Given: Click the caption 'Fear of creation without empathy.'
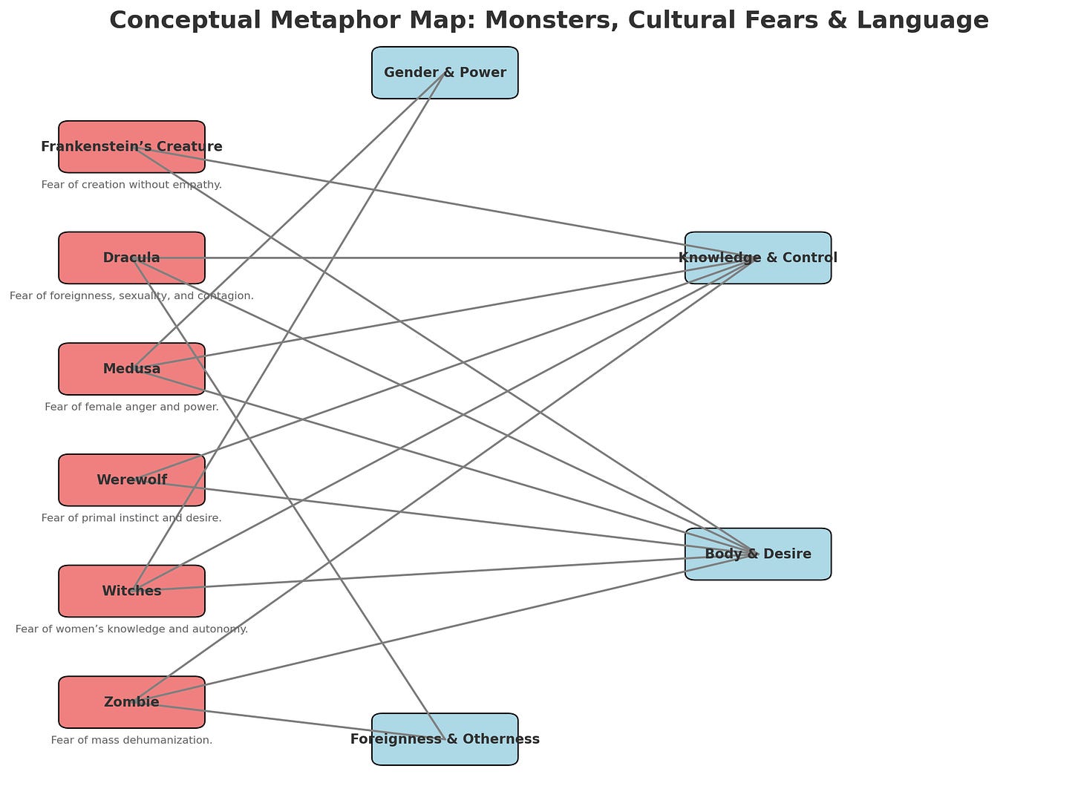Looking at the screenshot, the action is (131, 185).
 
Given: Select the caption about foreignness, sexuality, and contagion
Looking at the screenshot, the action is (131, 296).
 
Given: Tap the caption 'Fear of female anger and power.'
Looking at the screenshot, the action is (131, 407).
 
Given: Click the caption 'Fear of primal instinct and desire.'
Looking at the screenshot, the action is (131, 518).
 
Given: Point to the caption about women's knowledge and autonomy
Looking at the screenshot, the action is (131, 629).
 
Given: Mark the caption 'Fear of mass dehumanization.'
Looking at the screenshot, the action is (131, 740).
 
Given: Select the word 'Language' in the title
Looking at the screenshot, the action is (923, 20).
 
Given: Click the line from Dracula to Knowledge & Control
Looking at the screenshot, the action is (445, 258).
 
